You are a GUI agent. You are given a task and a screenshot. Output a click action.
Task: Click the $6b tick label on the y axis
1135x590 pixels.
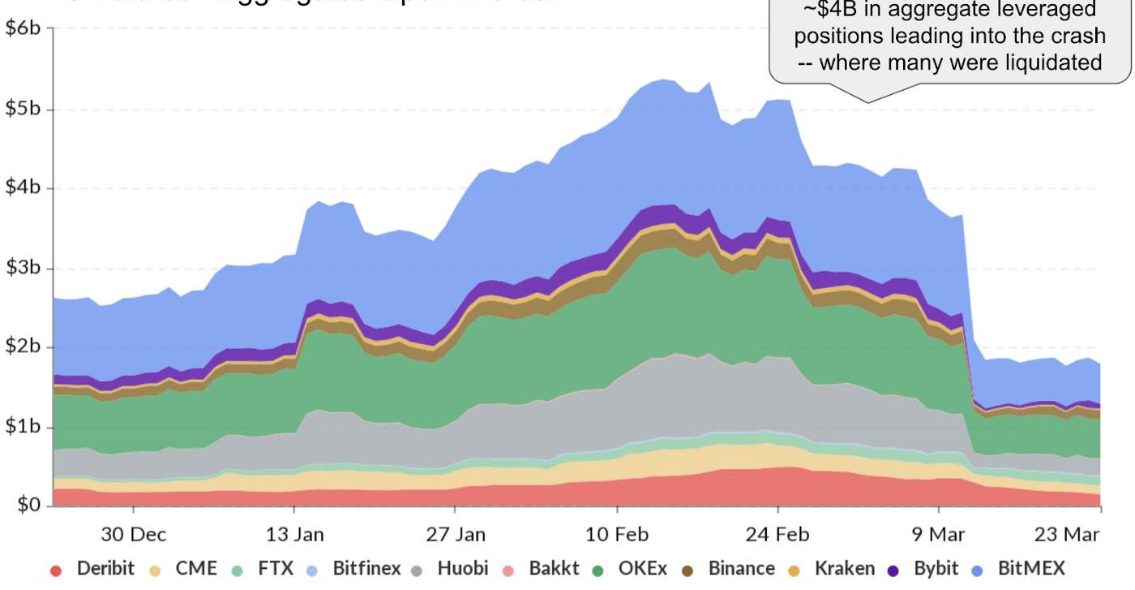24,28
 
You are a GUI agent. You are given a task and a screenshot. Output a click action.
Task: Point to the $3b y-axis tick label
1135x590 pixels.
24,269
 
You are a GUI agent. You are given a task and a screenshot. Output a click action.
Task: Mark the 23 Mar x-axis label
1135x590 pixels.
1069,534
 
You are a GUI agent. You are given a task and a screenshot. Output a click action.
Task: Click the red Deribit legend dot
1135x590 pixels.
56,570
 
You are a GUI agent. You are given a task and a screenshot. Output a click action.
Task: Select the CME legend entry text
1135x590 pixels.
196,569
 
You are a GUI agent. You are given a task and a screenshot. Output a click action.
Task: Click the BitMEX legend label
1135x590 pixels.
1031,569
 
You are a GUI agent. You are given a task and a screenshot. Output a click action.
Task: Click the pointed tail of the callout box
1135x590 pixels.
868,100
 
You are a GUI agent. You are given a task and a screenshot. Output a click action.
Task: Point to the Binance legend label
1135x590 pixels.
741,569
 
